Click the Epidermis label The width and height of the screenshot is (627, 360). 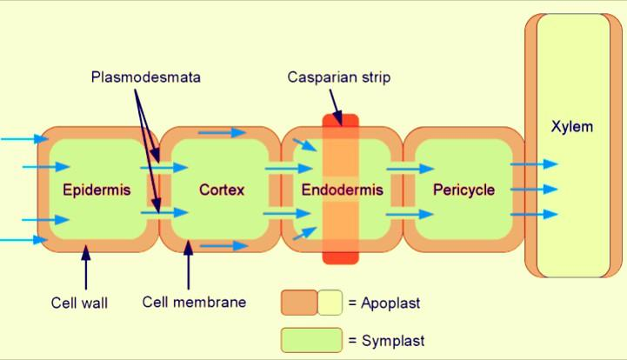click(97, 190)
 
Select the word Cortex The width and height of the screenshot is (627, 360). click(222, 190)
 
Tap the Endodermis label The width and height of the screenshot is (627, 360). click(342, 190)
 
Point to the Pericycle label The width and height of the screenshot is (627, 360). click(464, 190)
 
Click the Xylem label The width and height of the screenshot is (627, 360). click(572, 127)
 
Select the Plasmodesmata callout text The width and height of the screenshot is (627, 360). click(145, 77)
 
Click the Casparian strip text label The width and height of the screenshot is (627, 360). click(339, 77)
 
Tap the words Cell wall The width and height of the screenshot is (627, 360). click(79, 303)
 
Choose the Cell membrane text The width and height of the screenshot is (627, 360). click(194, 303)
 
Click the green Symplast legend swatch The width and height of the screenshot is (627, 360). click(310, 339)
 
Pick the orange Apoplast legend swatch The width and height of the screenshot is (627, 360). click(298, 303)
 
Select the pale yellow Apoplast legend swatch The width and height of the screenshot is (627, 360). click(330, 303)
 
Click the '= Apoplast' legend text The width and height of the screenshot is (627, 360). click(384, 303)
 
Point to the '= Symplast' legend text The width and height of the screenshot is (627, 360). click(386, 341)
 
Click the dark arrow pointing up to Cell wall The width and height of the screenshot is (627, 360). click(85, 268)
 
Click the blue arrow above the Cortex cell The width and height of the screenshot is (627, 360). click(223, 132)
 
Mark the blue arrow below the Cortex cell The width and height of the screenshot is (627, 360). click(223, 246)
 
